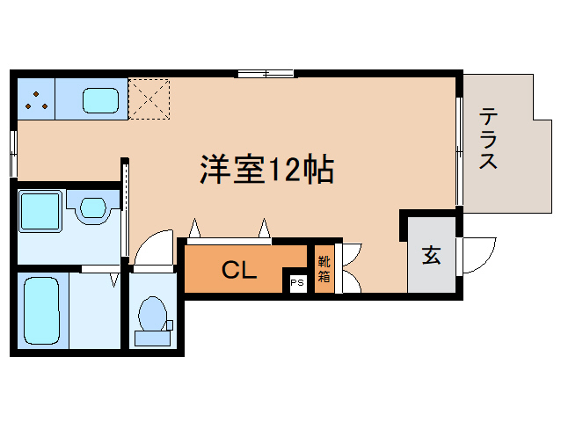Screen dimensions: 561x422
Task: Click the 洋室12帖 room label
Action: tap(267, 170)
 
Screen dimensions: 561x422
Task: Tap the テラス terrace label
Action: tap(488, 138)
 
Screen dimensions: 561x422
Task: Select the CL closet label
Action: tap(239, 270)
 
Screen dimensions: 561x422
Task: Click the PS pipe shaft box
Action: tap(297, 283)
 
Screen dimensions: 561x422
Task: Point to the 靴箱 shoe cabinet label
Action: tap(324, 269)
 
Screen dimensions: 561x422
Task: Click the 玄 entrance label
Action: tap(432, 255)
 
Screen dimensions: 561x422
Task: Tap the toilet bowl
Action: tap(152, 314)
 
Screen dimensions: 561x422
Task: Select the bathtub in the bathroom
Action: tap(41, 310)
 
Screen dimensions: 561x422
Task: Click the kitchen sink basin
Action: tap(100, 100)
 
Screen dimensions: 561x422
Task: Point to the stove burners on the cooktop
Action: tap(36, 101)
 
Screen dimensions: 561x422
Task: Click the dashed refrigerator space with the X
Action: tap(149, 99)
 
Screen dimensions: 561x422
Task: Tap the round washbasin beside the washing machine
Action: tap(93, 207)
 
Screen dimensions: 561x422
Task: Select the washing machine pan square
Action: tap(40, 212)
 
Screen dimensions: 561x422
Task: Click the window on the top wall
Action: tap(266, 74)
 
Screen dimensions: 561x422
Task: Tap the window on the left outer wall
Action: tap(13, 154)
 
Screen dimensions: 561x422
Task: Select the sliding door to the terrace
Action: tap(459, 151)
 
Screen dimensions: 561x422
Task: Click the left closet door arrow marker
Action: tap(194, 228)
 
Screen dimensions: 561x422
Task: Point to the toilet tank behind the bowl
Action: tap(152, 338)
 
